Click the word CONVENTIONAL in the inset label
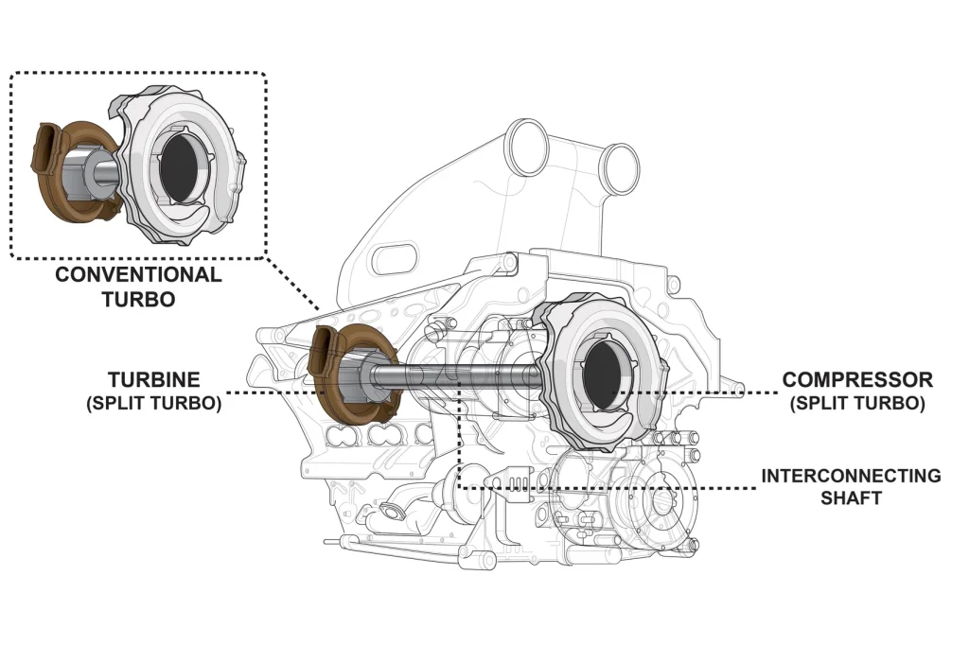138,275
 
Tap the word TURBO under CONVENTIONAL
138,299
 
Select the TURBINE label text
154,379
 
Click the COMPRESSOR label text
857,379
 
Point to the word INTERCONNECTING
851,476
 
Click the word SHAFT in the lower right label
851,497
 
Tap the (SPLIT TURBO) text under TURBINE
154,402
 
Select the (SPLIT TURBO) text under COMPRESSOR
857,403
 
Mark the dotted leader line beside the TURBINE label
265,392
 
